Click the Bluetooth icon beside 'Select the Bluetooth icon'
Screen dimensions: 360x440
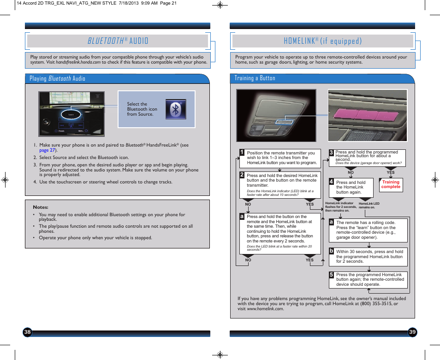click(x=175, y=109)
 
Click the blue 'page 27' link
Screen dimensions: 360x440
click(x=47, y=150)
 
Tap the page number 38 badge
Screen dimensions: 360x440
click(x=28, y=332)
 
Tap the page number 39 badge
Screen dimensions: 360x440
click(x=412, y=332)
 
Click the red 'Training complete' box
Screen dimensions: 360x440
click(x=391, y=184)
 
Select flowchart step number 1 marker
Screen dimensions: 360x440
click(x=241, y=152)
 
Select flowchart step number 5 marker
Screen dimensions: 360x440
click(x=331, y=275)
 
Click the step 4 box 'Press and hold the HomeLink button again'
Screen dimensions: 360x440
click(x=351, y=187)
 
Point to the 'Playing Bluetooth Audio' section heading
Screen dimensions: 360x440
click(x=57, y=78)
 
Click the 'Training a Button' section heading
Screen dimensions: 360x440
click(x=255, y=78)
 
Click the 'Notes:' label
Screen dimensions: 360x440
click(x=41, y=207)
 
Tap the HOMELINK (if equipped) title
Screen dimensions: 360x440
click(x=322, y=41)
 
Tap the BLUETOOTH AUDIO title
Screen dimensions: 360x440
click(x=118, y=41)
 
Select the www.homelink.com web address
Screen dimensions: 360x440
click(x=265, y=308)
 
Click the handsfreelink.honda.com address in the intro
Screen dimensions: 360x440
click(x=78, y=62)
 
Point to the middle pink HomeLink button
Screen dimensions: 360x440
click(x=369, y=113)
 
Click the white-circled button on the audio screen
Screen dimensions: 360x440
click(x=71, y=114)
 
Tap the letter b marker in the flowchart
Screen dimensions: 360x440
click(x=331, y=251)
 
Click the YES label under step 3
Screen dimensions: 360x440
click(x=390, y=173)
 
